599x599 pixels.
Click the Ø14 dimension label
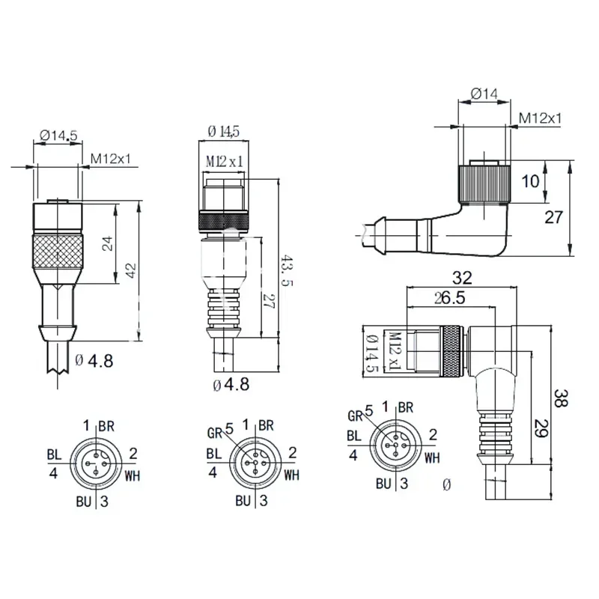[484, 94]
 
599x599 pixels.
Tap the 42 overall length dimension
[130, 270]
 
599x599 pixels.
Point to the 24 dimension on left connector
[107, 243]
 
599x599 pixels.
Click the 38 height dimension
[560, 398]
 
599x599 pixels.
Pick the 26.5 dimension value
[450, 298]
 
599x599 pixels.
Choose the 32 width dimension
[462, 278]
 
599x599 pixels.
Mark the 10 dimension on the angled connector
[531, 181]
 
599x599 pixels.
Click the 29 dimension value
[541, 428]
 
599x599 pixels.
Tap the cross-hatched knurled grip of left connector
[58, 252]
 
